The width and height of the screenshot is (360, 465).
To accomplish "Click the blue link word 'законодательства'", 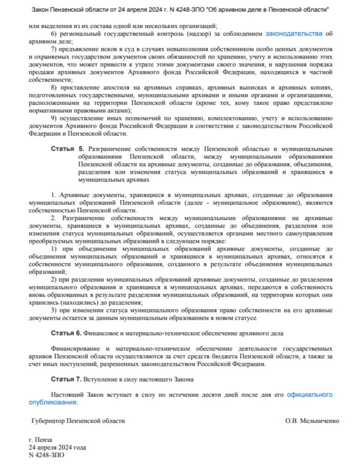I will [294, 34].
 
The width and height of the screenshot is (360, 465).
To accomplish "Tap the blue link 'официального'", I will [310, 395].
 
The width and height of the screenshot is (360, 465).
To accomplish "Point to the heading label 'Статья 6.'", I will [66, 333].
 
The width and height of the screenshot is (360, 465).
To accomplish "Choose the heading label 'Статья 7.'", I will [66, 379].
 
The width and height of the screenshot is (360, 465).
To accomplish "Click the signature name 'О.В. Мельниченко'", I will [312, 420].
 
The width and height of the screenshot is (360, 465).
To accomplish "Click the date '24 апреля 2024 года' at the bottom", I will [57, 447].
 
